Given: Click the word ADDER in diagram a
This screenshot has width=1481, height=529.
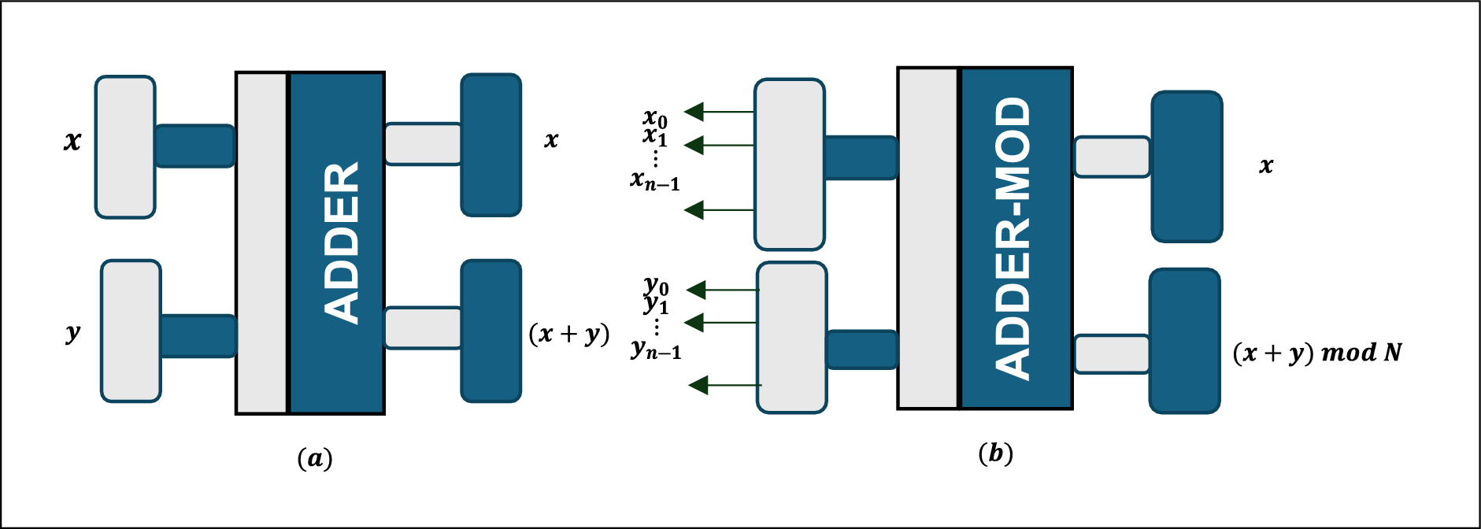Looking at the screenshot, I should [x=341, y=243].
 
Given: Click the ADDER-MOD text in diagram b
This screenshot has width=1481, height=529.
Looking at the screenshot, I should [x=1013, y=239].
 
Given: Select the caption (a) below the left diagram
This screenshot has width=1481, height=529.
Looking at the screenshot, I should [x=314, y=458].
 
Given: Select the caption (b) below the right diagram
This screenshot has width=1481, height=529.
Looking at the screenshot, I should [x=995, y=453].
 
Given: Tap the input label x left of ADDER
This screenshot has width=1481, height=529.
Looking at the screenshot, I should [x=72, y=142].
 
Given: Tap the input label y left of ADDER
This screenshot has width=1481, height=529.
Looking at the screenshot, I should [x=72, y=332].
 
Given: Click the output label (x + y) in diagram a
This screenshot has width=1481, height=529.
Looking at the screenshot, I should [x=569, y=334].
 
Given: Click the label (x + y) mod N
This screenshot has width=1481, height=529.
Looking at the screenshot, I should [x=1317, y=353].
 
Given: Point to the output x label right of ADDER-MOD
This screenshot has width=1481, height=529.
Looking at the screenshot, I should [x=1266, y=166].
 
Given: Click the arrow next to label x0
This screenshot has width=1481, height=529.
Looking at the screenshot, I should [x=718, y=112].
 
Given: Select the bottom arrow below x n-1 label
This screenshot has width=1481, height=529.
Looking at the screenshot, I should [x=718, y=210].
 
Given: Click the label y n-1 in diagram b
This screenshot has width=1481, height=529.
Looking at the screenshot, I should [x=656, y=349].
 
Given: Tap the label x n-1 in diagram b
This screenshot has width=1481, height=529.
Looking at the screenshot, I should [x=654, y=180].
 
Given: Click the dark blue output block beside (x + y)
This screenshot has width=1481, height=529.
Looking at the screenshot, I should [x=491, y=331].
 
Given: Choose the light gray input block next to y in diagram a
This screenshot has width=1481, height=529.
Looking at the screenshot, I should [x=131, y=331].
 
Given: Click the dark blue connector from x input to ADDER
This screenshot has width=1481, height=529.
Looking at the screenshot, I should [x=194, y=146].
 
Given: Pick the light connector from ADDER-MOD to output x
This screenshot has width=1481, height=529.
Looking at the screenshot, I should [x=1112, y=157].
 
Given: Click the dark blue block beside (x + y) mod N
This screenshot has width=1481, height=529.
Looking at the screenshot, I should [x=1184, y=341].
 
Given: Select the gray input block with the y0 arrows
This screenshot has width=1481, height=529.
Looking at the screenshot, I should [x=791, y=337].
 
